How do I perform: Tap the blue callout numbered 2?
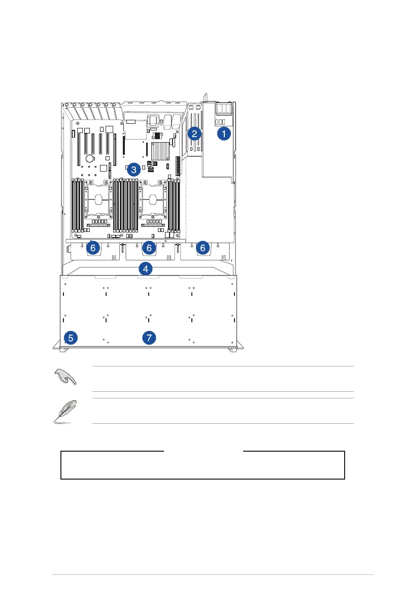pyautogui.click(x=194, y=134)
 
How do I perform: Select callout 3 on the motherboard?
pyautogui.click(x=133, y=170)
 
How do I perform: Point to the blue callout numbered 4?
pyautogui.click(x=146, y=268)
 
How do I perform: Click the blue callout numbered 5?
pyautogui.click(x=72, y=337)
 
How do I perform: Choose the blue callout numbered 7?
pyautogui.click(x=149, y=338)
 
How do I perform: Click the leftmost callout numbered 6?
pyautogui.click(x=92, y=248)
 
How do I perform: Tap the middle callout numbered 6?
pyautogui.click(x=149, y=248)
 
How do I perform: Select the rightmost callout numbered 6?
pyautogui.click(x=203, y=248)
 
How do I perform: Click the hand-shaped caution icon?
pyautogui.click(x=65, y=378)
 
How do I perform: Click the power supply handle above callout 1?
pyautogui.click(x=223, y=109)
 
